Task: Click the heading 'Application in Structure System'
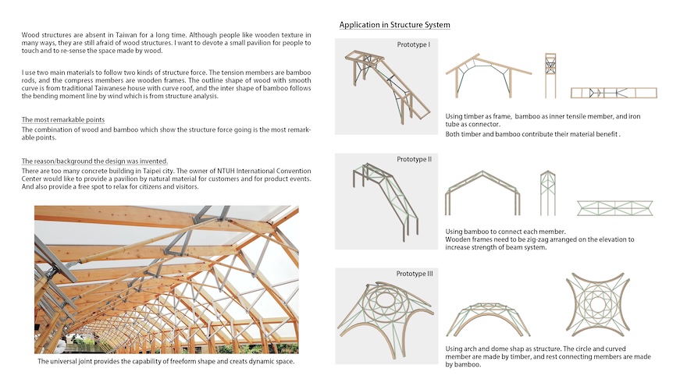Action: [394, 25]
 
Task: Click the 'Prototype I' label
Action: [413, 44]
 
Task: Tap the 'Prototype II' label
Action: [413, 160]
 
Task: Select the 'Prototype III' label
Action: [414, 274]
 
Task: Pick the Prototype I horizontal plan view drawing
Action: [614, 92]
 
